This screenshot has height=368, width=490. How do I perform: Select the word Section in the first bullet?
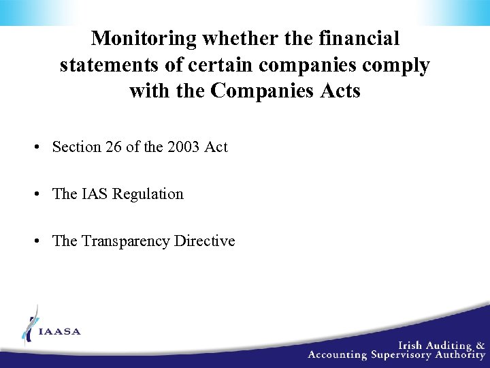76,147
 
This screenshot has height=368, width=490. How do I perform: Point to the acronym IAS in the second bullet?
95,194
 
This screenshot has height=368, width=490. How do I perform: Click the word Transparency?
126,241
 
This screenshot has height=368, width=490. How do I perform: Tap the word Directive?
204,241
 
